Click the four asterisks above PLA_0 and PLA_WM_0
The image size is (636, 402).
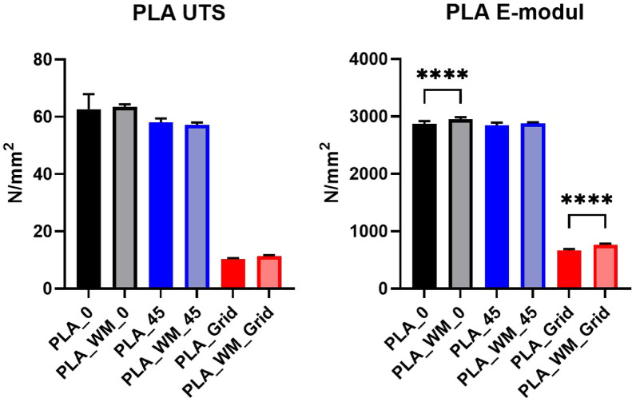pos(443,76)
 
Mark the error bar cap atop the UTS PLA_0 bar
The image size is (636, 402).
pos(89,94)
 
